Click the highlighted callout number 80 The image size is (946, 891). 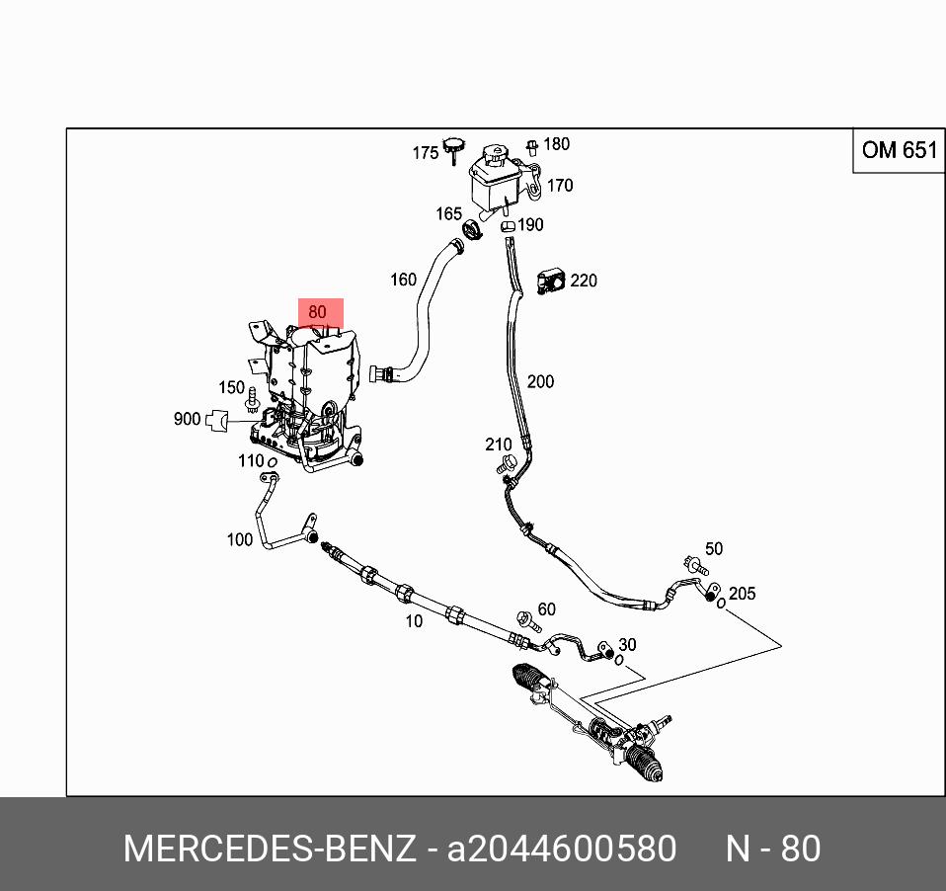point(317,312)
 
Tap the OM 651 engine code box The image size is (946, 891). point(898,150)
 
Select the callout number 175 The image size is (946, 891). point(425,153)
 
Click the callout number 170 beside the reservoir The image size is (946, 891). point(559,186)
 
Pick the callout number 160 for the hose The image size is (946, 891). point(403,280)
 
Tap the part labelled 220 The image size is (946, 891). point(550,282)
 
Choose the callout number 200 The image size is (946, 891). point(540,381)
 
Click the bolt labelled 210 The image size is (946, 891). point(509,464)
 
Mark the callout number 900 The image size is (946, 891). point(187,419)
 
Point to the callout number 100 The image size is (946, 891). point(240,539)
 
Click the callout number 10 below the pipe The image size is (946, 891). point(414,621)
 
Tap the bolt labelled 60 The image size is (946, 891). point(525,622)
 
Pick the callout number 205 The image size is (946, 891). point(741,594)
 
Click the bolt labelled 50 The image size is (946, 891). point(695,566)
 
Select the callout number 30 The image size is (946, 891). point(627,645)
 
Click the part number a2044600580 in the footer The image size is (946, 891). point(562,849)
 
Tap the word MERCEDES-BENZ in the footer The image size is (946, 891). point(269,849)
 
